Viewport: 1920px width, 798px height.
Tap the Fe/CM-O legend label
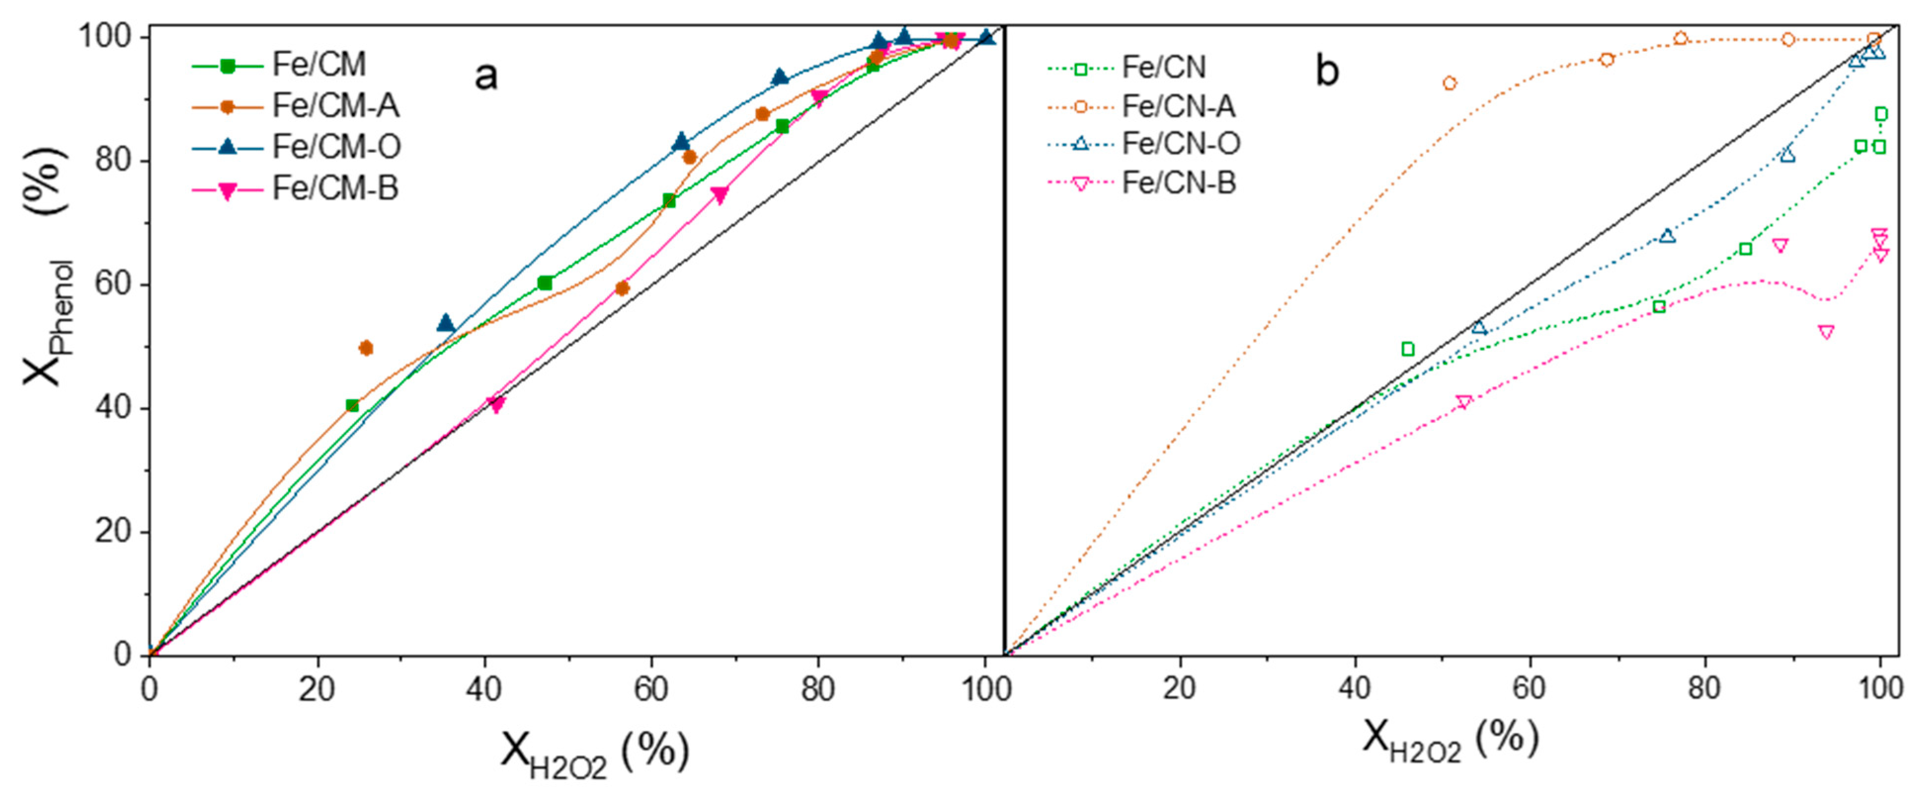336,147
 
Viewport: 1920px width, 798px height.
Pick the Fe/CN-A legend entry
1178,107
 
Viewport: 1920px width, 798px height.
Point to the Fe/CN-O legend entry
1181,143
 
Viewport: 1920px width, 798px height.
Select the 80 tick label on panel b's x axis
1704,688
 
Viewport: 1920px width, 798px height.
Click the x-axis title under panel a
594,752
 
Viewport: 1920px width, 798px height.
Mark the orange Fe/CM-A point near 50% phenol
366,348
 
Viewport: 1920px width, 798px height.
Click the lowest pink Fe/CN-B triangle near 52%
1825,332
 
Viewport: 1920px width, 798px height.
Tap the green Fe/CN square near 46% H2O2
1407,349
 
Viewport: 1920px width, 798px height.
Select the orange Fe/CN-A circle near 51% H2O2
1449,84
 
